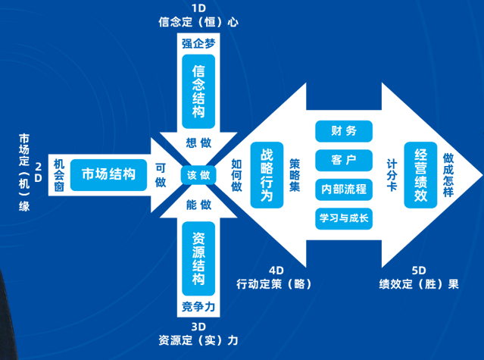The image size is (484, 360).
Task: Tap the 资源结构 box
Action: click(x=199, y=258)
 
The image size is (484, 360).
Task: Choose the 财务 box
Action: click(x=344, y=130)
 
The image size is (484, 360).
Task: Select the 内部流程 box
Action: click(x=344, y=189)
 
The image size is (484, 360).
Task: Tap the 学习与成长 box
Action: click(x=344, y=218)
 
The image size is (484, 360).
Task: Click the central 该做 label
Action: click(x=198, y=175)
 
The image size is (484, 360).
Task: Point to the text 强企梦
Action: click(x=199, y=43)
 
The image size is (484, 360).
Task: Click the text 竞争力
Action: click(x=199, y=307)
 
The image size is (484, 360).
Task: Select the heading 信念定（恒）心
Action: click(x=198, y=22)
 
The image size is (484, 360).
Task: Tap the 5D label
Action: click(x=419, y=271)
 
